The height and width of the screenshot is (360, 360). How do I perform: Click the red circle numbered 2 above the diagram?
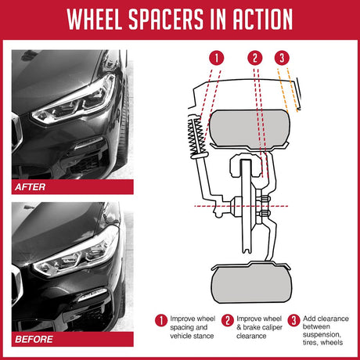254,58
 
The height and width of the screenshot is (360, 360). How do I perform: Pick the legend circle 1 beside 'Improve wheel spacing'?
160,319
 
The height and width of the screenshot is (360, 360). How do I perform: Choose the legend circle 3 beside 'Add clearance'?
293,319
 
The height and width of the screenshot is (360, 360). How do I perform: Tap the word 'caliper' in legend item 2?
265,328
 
